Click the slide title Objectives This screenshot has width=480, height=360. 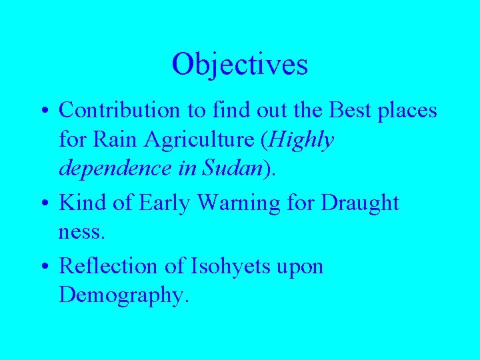(x=239, y=65)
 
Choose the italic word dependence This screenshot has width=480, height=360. (x=115, y=169)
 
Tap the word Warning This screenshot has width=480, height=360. (x=233, y=203)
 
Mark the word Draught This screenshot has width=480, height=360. (x=360, y=203)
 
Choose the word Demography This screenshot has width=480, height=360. (x=124, y=295)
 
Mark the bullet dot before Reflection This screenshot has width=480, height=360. (x=45, y=267)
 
